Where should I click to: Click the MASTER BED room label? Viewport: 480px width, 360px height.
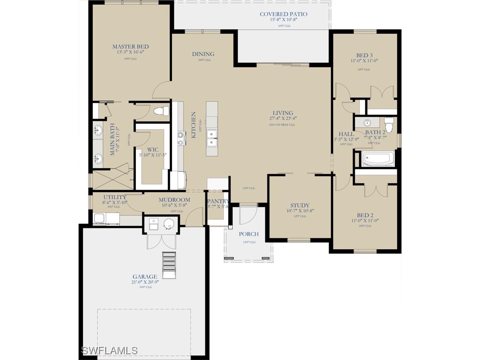pos(130,47)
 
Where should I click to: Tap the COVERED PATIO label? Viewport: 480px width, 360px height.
pos(283,14)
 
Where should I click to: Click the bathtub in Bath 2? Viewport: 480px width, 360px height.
pos(378,159)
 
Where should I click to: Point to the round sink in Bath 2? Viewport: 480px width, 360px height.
pos(367,123)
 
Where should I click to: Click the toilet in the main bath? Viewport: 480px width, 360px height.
pos(161,111)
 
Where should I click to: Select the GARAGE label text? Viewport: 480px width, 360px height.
pos(145,277)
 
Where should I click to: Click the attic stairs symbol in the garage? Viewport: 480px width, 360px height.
pos(169,265)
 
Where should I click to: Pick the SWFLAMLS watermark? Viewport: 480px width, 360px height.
pos(109,350)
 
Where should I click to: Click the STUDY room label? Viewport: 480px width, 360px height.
pos(300,205)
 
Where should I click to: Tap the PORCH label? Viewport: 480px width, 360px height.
pos(248,234)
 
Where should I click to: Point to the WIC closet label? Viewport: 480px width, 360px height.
pos(153,150)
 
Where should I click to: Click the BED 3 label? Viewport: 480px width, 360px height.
pos(364,55)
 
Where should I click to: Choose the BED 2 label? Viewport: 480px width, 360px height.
pos(365,215)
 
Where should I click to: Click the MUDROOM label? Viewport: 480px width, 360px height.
pos(174,200)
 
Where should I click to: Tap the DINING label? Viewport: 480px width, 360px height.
pos(203,54)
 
